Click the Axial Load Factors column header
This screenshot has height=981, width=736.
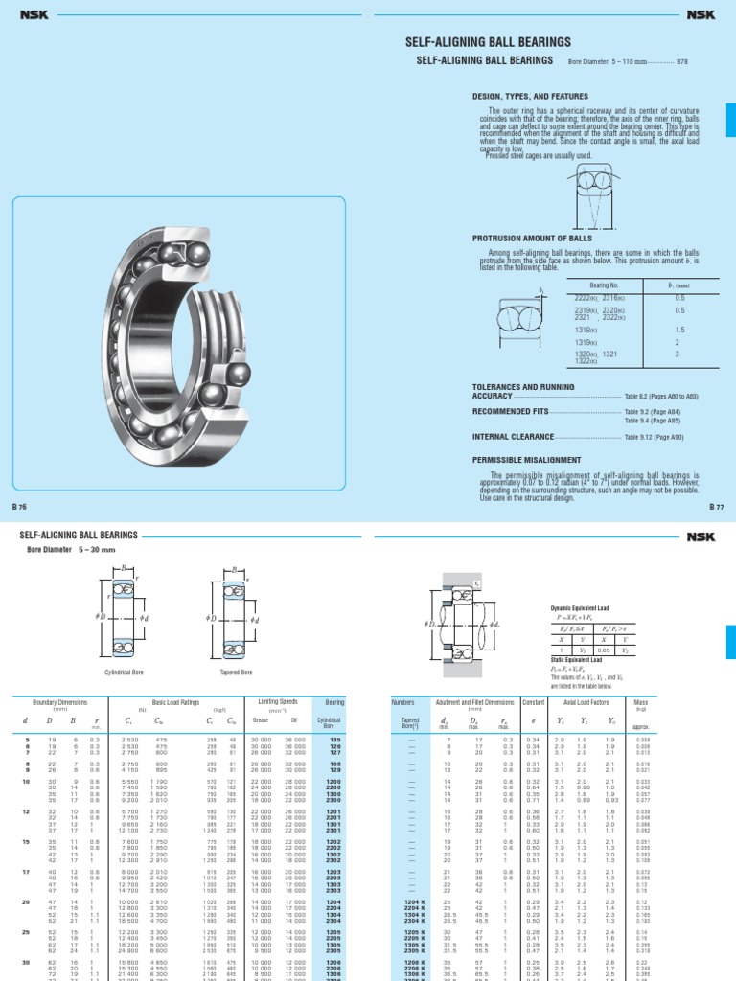pos(590,701)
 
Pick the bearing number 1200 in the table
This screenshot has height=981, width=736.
pos(334,782)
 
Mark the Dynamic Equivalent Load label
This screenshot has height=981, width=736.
pos(579,607)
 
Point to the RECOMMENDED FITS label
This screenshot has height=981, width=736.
pos(512,409)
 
